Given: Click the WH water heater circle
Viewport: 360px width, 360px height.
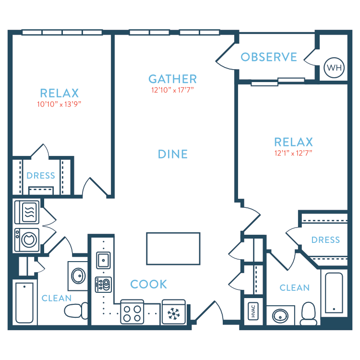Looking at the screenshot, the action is click(334, 68).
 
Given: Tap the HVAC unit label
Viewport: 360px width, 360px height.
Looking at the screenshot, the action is click(253, 312).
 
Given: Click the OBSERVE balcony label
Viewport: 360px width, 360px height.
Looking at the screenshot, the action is click(269, 57).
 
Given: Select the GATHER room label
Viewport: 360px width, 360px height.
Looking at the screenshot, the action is click(172, 79).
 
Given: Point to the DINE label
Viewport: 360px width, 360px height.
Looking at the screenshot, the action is click(173, 154).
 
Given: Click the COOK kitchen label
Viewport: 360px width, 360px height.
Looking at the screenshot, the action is click(148, 284).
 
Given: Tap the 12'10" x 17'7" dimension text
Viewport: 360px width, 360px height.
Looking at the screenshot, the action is click(172, 90).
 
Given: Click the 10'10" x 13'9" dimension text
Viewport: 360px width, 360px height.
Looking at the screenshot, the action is click(59, 104).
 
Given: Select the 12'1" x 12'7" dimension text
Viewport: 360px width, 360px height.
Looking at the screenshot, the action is click(293, 153).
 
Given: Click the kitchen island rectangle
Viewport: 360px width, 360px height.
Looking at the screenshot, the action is click(173, 249).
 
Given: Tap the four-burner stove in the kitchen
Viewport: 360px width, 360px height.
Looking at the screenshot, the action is click(132, 312).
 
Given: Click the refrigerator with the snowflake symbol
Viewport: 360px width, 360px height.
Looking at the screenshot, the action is click(174, 312).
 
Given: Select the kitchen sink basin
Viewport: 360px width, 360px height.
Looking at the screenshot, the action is click(103, 260).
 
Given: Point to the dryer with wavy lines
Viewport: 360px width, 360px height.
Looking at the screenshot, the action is click(26, 212).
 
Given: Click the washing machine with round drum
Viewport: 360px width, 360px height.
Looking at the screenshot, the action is click(26, 240).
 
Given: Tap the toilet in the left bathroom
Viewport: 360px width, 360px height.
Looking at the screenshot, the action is click(76, 311).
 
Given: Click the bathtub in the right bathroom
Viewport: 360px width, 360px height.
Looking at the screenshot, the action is click(334, 293).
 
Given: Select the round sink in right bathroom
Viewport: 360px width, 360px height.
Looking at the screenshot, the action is click(280, 316).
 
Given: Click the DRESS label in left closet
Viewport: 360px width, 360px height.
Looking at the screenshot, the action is click(41, 176).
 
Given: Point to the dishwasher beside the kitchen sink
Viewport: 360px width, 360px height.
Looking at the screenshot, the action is click(103, 285).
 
